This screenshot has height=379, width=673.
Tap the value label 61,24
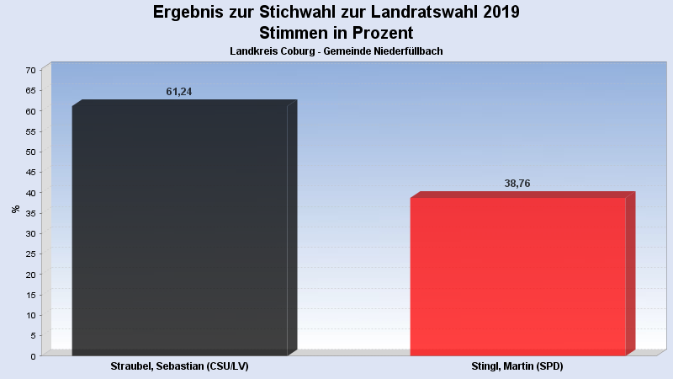pyautogui.click(x=179, y=91)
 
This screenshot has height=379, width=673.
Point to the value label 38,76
pyautogui.click(x=517, y=184)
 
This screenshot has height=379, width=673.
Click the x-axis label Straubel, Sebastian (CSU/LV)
pyautogui.click(x=179, y=367)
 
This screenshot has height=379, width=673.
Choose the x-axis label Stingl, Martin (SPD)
pyautogui.click(x=517, y=367)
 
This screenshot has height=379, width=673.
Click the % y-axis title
pyautogui.click(x=15, y=209)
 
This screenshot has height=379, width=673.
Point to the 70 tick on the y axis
pyautogui.click(x=31, y=70)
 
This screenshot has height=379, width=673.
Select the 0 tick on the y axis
pyautogui.click(x=34, y=355)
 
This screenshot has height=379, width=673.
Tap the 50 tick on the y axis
pyautogui.click(x=31, y=152)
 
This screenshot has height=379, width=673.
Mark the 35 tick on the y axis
pyautogui.click(x=31, y=213)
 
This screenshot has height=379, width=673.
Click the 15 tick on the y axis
pyautogui.click(x=31, y=295)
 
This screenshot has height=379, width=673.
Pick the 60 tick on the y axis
pyautogui.click(x=31, y=111)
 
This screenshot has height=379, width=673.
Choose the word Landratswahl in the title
pyautogui.click(x=425, y=12)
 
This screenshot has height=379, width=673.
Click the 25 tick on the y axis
pyautogui.click(x=31, y=254)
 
